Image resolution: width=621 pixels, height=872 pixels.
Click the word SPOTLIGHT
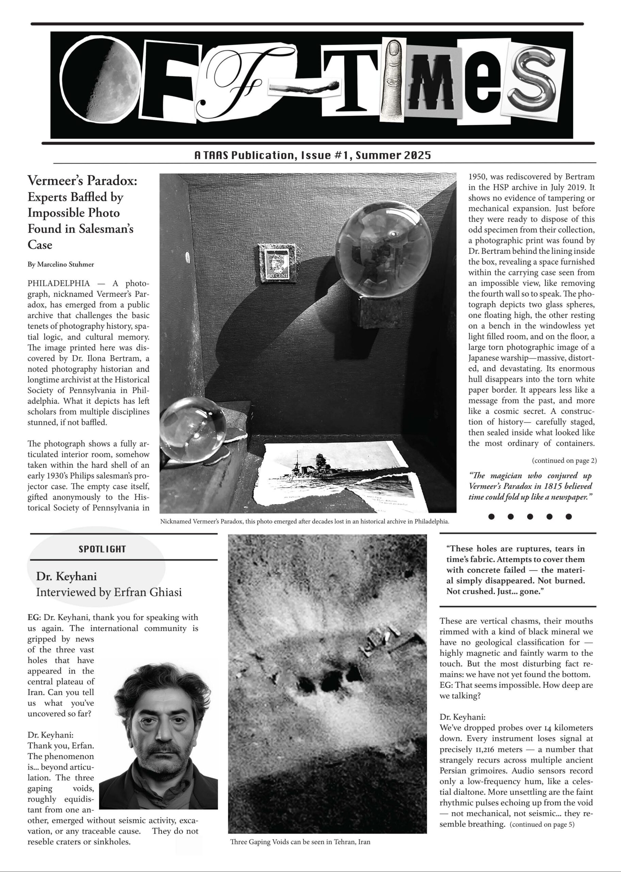click(x=102, y=549)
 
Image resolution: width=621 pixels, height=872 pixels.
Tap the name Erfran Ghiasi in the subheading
click(x=148, y=593)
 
